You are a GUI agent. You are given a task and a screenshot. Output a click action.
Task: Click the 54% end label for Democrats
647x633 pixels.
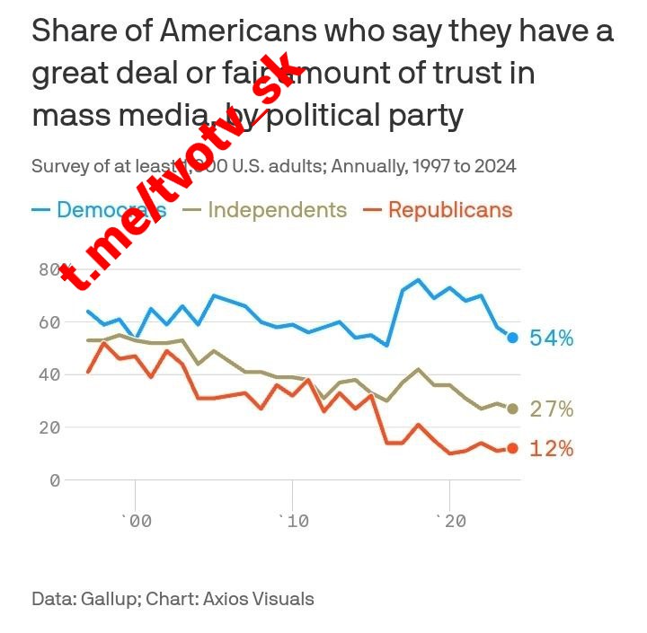(x=552, y=338)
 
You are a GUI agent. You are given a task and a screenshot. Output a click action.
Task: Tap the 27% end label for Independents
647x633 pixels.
(x=552, y=409)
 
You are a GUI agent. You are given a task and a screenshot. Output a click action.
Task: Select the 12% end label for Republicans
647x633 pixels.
(x=552, y=448)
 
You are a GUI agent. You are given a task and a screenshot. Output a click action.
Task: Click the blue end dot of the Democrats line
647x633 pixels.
(x=512, y=338)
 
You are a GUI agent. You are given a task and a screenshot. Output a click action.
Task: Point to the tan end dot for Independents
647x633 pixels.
(x=512, y=409)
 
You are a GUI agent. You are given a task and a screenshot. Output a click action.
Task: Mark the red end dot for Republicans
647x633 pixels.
(x=512, y=448)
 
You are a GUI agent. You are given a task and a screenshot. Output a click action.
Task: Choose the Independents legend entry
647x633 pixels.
(x=277, y=210)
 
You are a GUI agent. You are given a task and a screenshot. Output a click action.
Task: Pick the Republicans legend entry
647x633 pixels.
(x=450, y=210)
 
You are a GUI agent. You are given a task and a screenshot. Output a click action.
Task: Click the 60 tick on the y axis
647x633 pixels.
(x=49, y=321)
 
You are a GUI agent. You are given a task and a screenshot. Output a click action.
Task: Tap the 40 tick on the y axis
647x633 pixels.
(x=49, y=374)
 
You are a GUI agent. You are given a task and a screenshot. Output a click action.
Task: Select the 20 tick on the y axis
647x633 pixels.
(x=49, y=427)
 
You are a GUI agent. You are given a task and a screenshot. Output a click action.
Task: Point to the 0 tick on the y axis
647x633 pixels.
(x=55, y=480)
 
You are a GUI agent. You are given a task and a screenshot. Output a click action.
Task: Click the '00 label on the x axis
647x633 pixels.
(x=135, y=522)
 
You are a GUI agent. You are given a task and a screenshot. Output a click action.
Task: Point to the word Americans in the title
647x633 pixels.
(x=239, y=32)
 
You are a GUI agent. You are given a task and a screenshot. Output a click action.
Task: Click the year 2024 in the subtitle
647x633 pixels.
(x=495, y=166)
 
